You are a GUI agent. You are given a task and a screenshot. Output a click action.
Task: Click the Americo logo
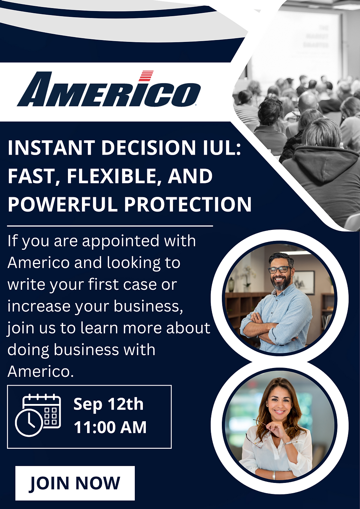click(x=109, y=90)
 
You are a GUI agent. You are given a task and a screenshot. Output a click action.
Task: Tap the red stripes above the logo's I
click(x=146, y=76)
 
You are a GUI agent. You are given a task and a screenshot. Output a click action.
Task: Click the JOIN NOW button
click(x=75, y=483)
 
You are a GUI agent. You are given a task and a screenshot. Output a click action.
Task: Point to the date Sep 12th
click(x=108, y=404)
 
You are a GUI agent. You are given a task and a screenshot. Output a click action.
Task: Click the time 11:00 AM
click(x=110, y=427)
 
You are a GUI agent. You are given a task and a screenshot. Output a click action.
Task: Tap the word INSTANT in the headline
click(x=51, y=148)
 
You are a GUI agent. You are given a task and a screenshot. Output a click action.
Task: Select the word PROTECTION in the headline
click(x=188, y=205)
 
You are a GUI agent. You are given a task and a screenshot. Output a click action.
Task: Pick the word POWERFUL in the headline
click(x=63, y=205)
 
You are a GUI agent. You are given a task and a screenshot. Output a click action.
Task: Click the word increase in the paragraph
click(x=39, y=306)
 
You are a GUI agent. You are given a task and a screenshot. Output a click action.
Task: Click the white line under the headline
click(x=110, y=226)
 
